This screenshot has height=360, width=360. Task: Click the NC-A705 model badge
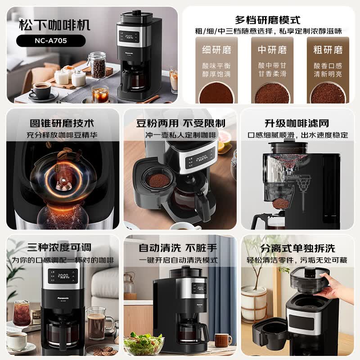[51, 40]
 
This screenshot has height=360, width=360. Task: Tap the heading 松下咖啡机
[54, 25]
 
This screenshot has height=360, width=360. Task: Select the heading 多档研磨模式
[268, 20]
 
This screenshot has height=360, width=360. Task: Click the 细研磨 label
[216, 50]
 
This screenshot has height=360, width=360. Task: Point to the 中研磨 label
[272, 50]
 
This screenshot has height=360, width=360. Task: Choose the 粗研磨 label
[328, 50]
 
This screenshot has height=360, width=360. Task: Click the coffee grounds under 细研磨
[216, 94]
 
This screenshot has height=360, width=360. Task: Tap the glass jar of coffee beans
[98, 65]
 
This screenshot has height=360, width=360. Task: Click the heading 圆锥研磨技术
[62, 123]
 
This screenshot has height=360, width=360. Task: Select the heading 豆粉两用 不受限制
[181, 123]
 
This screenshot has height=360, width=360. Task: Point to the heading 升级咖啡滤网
[297, 123]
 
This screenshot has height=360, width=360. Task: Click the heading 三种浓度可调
[59, 247]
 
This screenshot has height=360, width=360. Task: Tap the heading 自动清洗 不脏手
[178, 248]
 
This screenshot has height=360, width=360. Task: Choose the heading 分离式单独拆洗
[297, 248]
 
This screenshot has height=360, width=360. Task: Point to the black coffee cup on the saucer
[41, 90]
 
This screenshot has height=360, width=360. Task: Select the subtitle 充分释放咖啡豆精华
[62, 135]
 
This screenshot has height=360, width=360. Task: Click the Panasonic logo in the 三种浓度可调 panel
[63, 298]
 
